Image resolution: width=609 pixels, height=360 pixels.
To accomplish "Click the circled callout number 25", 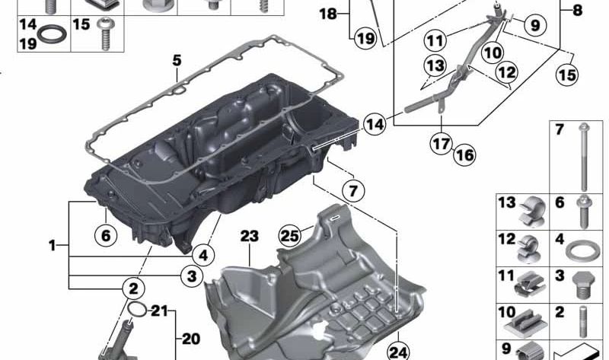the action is pyautogui.click(x=290, y=235).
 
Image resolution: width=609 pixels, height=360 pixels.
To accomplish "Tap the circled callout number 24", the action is pyautogui.click(x=398, y=352).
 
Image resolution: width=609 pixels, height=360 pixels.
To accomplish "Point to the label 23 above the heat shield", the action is pyautogui.click(x=249, y=236).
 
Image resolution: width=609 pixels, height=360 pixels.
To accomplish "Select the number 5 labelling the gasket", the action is pyautogui.click(x=177, y=60).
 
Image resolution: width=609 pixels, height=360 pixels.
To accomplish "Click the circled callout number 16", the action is pyautogui.click(x=464, y=155).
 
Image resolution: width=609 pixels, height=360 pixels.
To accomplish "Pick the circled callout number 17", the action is pyautogui.click(x=442, y=144).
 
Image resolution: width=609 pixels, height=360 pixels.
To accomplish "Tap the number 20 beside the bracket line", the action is pyautogui.click(x=191, y=339).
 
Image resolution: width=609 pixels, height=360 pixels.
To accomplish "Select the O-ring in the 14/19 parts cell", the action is pyautogui.click(x=51, y=33).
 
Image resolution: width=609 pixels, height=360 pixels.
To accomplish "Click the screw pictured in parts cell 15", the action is pyautogui.click(x=105, y=34).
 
